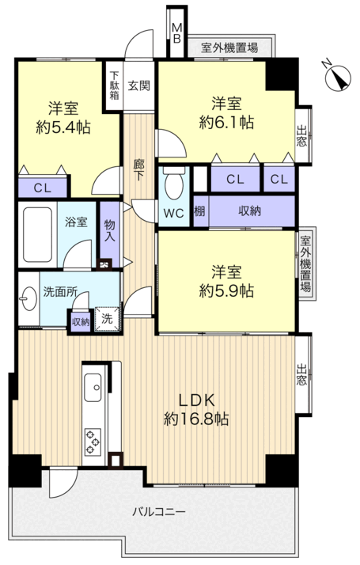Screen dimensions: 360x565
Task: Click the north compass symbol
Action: coord(337,77)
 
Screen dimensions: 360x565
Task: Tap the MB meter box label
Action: coord(176,32)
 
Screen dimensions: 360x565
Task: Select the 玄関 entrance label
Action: coord(138,85)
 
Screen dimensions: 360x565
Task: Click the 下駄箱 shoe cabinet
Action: coord(114,85)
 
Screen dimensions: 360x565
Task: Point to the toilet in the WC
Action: coord(174,183)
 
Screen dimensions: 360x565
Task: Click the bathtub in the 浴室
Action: coord(37,234)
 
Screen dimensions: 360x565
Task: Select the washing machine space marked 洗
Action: coord(107,319)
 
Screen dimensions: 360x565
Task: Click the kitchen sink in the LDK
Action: coord(93,388)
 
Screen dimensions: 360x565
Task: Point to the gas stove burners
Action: coord(93,442)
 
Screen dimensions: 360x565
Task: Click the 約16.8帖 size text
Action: coord(196,419)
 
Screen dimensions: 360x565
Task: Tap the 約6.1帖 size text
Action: coord(226,123)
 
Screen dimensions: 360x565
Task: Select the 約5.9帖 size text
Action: coord(226,290)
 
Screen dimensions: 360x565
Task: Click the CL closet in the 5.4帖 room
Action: coord(43,188)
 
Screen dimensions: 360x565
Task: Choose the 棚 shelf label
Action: coord(199,211)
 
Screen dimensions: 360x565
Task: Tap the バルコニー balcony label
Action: coord(159,512)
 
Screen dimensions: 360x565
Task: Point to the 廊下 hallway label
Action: coord(138,170)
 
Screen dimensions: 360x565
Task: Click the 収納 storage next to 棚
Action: coord(252,211)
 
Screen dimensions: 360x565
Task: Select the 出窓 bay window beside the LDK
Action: coord(303,375)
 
